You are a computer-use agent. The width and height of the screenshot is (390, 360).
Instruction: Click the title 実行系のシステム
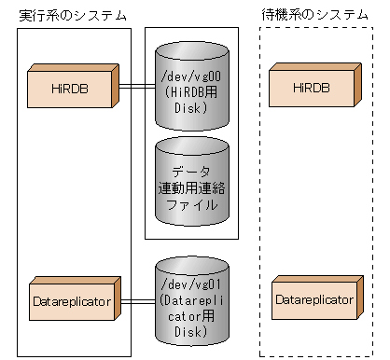(74, 16)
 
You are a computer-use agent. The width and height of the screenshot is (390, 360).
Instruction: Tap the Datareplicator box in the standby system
(314, 299)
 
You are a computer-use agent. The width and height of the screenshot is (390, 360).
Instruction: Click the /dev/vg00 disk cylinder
(191, 86)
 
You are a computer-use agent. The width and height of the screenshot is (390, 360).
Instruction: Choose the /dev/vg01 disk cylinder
(191, 299)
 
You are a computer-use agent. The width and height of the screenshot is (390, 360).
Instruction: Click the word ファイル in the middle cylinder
(191, 204)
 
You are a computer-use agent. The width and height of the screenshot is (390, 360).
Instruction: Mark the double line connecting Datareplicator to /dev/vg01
(136, 300)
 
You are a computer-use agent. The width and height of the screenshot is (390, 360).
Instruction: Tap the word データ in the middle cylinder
(191, 171)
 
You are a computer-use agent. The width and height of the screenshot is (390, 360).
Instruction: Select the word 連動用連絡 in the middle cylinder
(191, 187)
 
